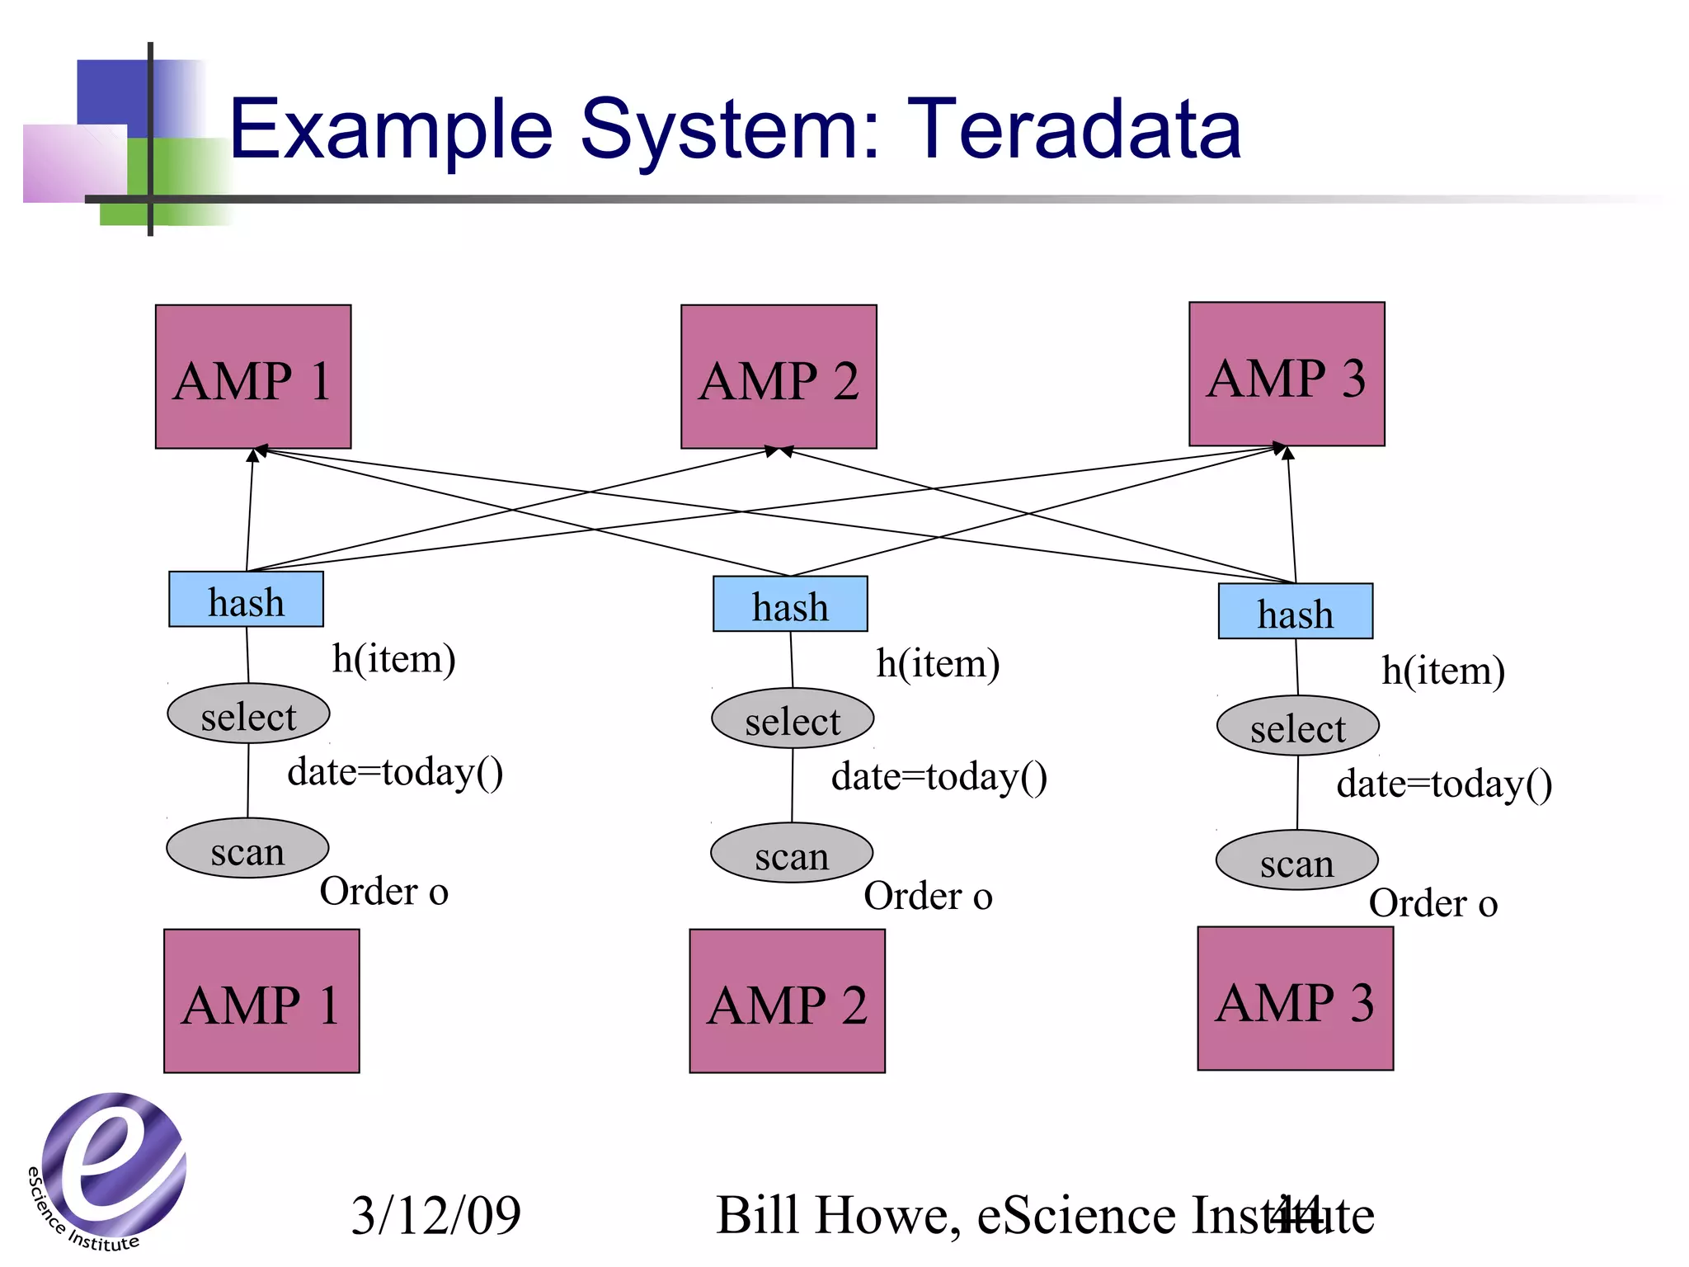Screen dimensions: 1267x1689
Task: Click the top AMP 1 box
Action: coord(253,377)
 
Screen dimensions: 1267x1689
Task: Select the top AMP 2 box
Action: coord(779,377)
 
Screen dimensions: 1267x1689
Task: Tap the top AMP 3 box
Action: coord(1287,374)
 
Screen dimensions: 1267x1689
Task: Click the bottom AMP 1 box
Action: coord(261,1001)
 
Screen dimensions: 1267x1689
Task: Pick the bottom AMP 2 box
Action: coord(787,1001)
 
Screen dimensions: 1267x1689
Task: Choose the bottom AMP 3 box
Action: coord(1295,999)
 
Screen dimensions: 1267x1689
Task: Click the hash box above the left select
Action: coord(246,600)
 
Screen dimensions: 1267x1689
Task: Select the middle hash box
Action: coord(790,604)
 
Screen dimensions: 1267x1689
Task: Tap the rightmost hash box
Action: coord(1295,611)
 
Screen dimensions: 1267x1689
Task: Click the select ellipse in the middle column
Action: coord(793,718)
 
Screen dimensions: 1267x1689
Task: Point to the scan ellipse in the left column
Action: coord(247,848)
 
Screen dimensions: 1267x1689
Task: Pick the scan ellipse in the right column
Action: coord(1296,860)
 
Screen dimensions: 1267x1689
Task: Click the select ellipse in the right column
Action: coord(1297,726)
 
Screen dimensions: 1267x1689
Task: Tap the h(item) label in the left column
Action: coord(393,659)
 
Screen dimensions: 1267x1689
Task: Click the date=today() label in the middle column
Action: coord(939,777)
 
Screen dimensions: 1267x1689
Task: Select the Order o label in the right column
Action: coord(1433,903)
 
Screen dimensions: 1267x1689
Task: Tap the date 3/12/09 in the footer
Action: coord(435,1215)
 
